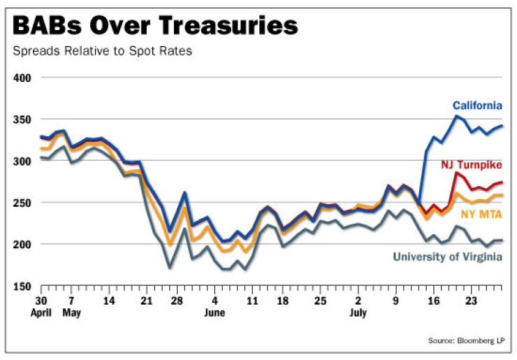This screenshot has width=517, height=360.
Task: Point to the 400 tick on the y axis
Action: pos(24,78)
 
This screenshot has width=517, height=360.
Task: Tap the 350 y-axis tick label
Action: pos(24,120)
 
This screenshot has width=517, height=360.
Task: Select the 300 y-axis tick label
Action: pos(24,161)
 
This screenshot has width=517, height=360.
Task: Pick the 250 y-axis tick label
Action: pos(24,203)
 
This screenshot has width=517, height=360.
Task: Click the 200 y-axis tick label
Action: pos(24,245)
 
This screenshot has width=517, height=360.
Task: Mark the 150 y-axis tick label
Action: pos(24,286)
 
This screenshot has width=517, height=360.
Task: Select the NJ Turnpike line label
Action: pos(471,165)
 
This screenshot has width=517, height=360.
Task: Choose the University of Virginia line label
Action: pos(448,257)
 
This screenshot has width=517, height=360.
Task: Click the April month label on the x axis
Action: pos(42,312)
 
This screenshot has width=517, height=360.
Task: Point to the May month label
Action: pos(71,312)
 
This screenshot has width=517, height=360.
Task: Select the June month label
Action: pos(214,312)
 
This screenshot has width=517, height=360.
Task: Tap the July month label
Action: pos(358,312)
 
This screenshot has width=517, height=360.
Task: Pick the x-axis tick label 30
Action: pos(42,301)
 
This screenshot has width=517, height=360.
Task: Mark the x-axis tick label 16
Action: pos(433,301)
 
